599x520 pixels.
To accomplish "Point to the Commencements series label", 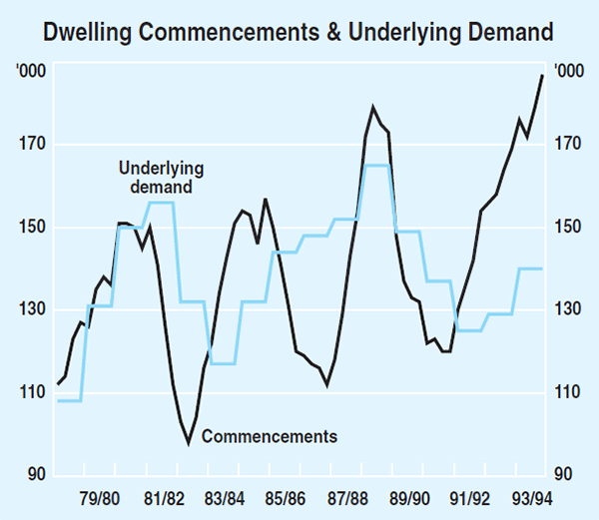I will (x=270, y=436).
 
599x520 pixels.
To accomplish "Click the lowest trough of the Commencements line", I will (x=188, y=440).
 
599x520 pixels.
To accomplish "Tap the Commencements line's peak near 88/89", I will (x=373, y=108).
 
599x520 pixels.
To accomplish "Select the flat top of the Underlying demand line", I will (x=376, y=166).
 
